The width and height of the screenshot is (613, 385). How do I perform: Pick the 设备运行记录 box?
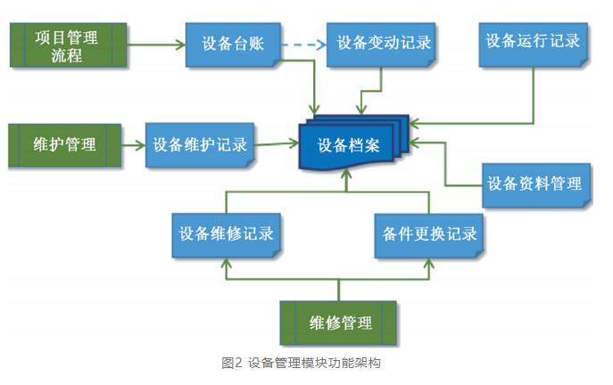coord(534,43)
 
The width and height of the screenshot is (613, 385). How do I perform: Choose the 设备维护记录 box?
coord(200,145)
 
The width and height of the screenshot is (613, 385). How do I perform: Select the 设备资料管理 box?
coord(534,184)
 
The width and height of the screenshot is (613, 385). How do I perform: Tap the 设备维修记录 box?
coord(226,234)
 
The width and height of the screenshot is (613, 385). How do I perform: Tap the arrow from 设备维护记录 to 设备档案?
coord(277,143)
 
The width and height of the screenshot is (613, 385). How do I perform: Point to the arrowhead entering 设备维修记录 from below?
coord(226,262)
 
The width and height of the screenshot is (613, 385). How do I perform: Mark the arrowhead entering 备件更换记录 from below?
coord(429,262)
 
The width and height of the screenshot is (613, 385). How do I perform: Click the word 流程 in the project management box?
coord(66,55)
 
